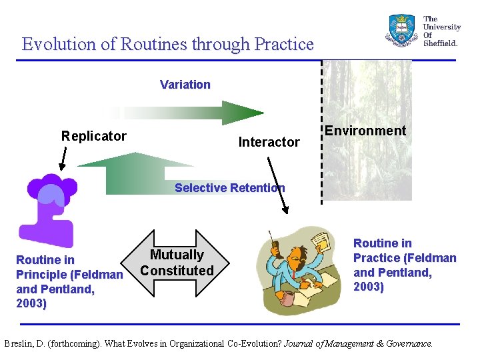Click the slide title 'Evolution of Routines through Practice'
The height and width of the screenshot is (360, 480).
point(167,44)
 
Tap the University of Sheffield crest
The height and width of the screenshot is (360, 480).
point(402,30)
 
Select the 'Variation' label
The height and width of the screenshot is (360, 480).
point(185,85)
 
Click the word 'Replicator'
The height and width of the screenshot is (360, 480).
point(93,136)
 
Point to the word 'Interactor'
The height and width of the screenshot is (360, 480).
point(269,142)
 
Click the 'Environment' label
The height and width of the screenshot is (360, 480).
point(365,131)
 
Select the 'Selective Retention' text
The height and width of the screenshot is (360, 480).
point(229,188)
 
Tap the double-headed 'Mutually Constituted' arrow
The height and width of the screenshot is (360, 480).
point(177,263)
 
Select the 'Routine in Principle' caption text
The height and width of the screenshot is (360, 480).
point(69,281)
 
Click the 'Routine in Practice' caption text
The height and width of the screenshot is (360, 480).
point(404,265)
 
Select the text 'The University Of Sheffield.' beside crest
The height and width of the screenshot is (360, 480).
point(441,31)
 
